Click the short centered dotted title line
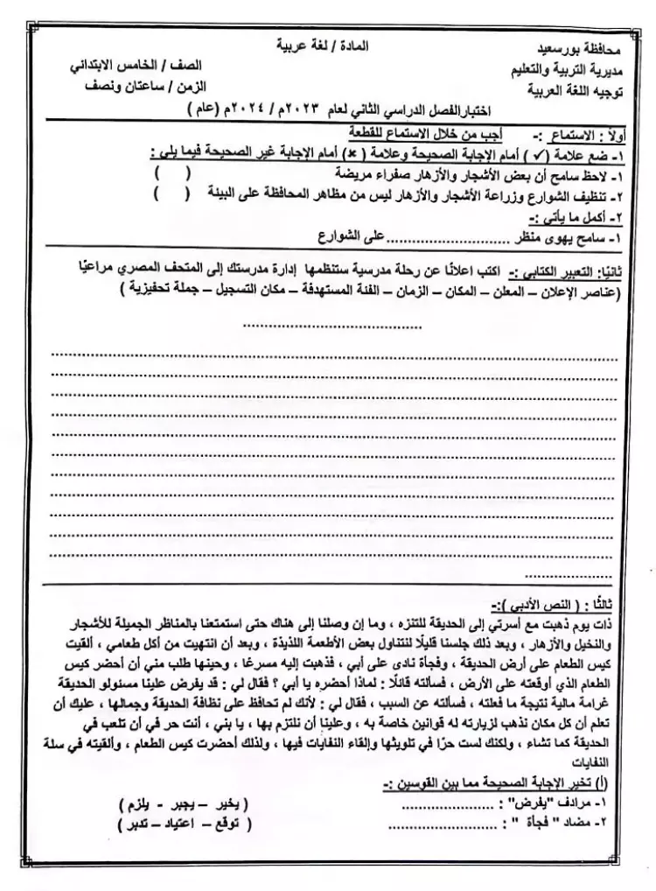point(331,326)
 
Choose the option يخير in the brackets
point(232,803)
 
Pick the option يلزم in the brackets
point(138,803)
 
